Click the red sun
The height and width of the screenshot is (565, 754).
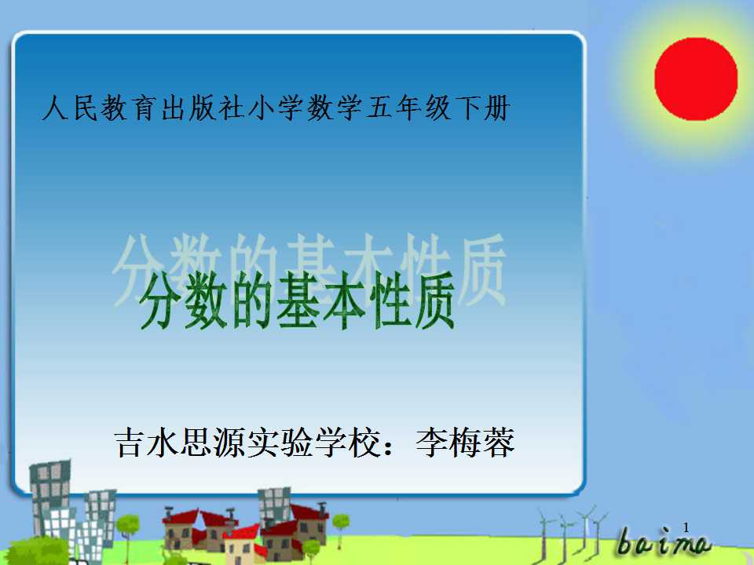click(696, 79)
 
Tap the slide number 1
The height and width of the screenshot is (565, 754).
click(686, 527)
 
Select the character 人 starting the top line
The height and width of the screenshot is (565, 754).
click(55, 108)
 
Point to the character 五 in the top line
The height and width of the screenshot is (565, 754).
click(379, 108)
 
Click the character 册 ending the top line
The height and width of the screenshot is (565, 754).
click(496, 108)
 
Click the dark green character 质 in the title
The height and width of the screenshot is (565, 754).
click(434, 301)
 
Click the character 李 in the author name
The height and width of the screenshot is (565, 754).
click(431, 443)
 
